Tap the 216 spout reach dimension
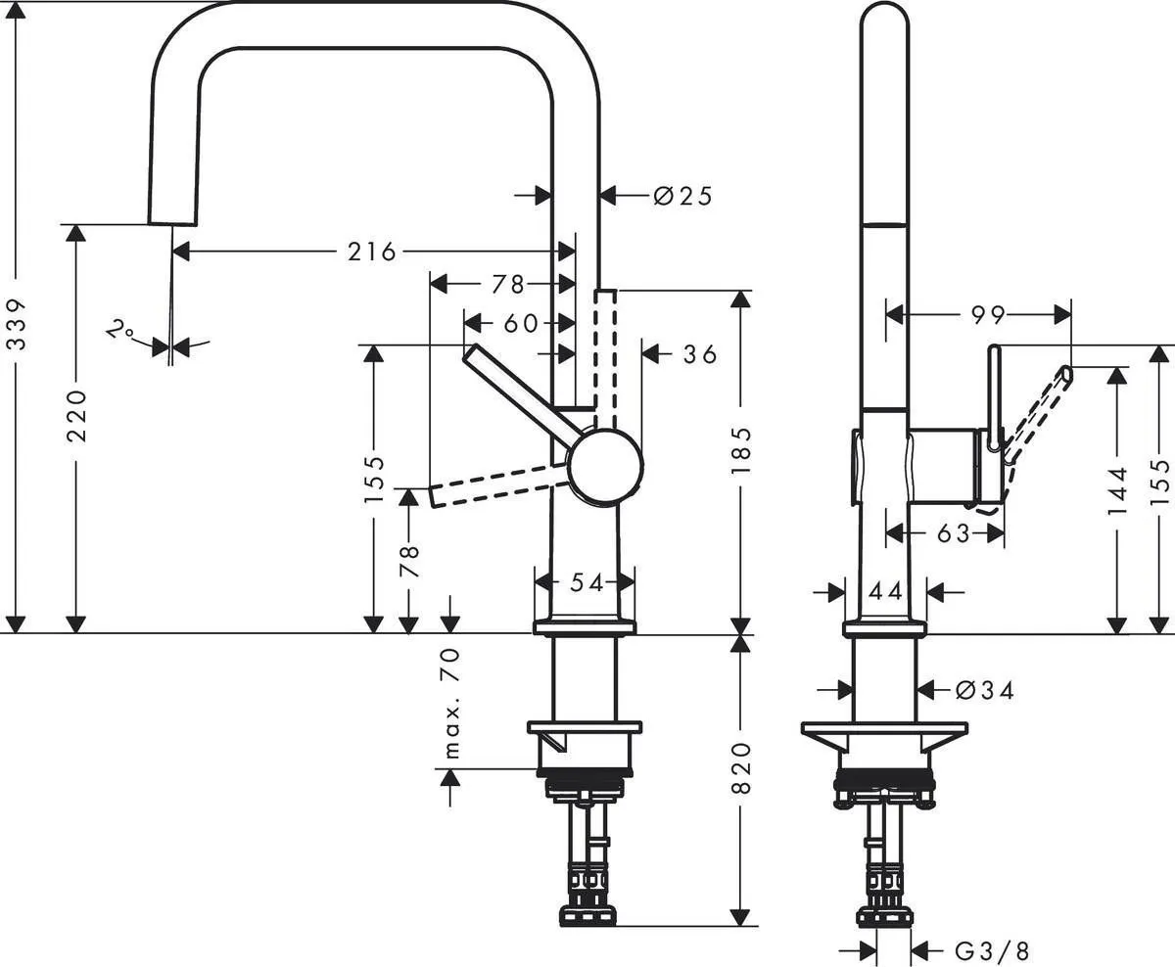[x=373, y=252]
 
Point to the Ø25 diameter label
[x=682, y=196]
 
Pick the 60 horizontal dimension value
[x=521, y=322]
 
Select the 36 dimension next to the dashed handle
[x=700, y=353]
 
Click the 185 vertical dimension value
[x=741, y=450]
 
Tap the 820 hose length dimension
[x=741, y=767]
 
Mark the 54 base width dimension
[x=586, y=583]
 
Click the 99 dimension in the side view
[x=988, y=314]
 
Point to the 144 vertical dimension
[x=1118, y=489]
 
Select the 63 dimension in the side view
[x=953, y=533]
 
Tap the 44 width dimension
[x=885, y=590]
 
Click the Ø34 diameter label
[x=984, y=690]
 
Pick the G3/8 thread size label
[x=992, y=949]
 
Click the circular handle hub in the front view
[x=606, y=467]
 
